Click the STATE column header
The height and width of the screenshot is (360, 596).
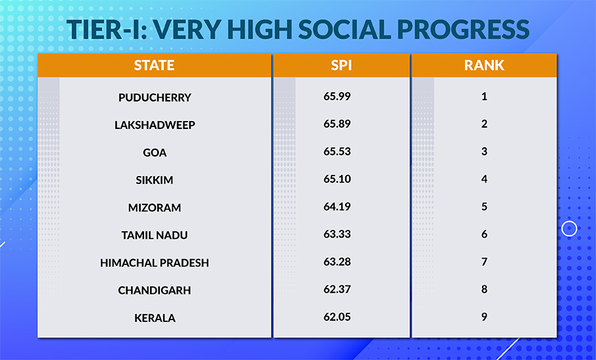click(154, 65)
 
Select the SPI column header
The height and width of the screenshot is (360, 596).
click(341, 65)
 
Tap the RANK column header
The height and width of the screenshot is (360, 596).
click(484, 65)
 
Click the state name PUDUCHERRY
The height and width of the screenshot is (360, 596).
click(155, 98)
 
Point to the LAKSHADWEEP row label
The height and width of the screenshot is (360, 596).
click(155, 125)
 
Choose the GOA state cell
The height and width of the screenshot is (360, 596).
click(155, 153)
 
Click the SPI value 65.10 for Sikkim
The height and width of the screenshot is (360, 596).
click(337, 179)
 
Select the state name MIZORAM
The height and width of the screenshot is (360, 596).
click(155, 207)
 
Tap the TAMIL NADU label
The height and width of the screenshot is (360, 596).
click(155, 235)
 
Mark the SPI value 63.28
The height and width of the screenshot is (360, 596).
click(337, 262)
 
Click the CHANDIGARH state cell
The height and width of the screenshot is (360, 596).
click(155, 290)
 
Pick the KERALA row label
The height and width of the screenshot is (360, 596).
click(155, 317)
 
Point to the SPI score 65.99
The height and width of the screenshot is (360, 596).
click(337, 96)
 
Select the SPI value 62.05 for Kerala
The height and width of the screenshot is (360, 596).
click(337, 317)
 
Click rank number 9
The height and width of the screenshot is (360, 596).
click(485, 317)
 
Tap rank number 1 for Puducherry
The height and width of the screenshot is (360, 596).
click(485, 96)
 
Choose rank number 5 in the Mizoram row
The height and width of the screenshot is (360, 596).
click(485, 207)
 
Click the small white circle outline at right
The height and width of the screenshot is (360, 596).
click(570, 228)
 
